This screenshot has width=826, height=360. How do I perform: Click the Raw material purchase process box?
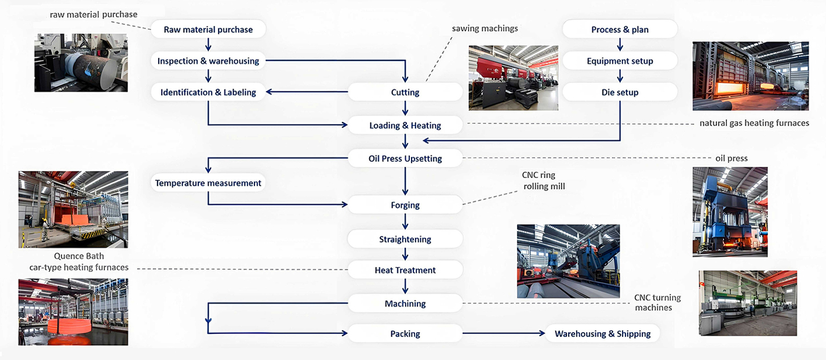tap(208, 30)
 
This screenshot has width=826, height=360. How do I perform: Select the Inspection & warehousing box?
tap(208, 61)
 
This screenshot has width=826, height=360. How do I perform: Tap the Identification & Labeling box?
tap(208, 92)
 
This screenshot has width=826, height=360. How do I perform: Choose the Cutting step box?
tap(405, 92)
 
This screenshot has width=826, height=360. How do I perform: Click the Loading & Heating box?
tap(405, 125)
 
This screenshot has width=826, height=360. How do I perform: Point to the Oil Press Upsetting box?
tap(405, 158)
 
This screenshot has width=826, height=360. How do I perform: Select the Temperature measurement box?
tap(208, 183)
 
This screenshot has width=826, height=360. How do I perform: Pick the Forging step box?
tap(405, 205)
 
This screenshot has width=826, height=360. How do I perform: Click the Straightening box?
tap(405, 239)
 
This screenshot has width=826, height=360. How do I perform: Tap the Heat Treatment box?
tap(405, 270)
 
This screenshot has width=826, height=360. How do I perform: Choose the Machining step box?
tap(405, 303)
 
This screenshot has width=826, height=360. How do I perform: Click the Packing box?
tap(405, 333)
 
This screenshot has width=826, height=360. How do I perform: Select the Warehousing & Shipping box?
tap(603, 333)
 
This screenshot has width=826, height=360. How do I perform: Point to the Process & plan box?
tap(620, 30)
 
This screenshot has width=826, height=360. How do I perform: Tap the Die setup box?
tap(620, 92)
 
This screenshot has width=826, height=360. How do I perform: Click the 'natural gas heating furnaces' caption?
tap(754, 123)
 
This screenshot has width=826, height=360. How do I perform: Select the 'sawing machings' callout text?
tap(485, 28)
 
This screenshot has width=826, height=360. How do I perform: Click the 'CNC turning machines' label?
tap(657, 303)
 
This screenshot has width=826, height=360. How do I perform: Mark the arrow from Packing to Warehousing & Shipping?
tap(504, 333)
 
